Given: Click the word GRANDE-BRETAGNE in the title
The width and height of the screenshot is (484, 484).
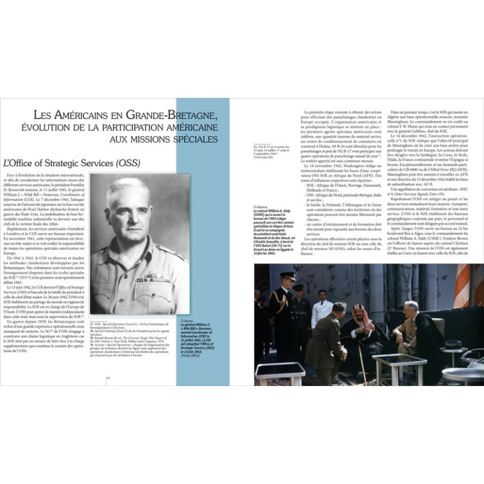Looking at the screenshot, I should [x=166, y=117].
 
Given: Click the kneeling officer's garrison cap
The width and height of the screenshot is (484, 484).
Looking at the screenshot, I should [x=340, y=306].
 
